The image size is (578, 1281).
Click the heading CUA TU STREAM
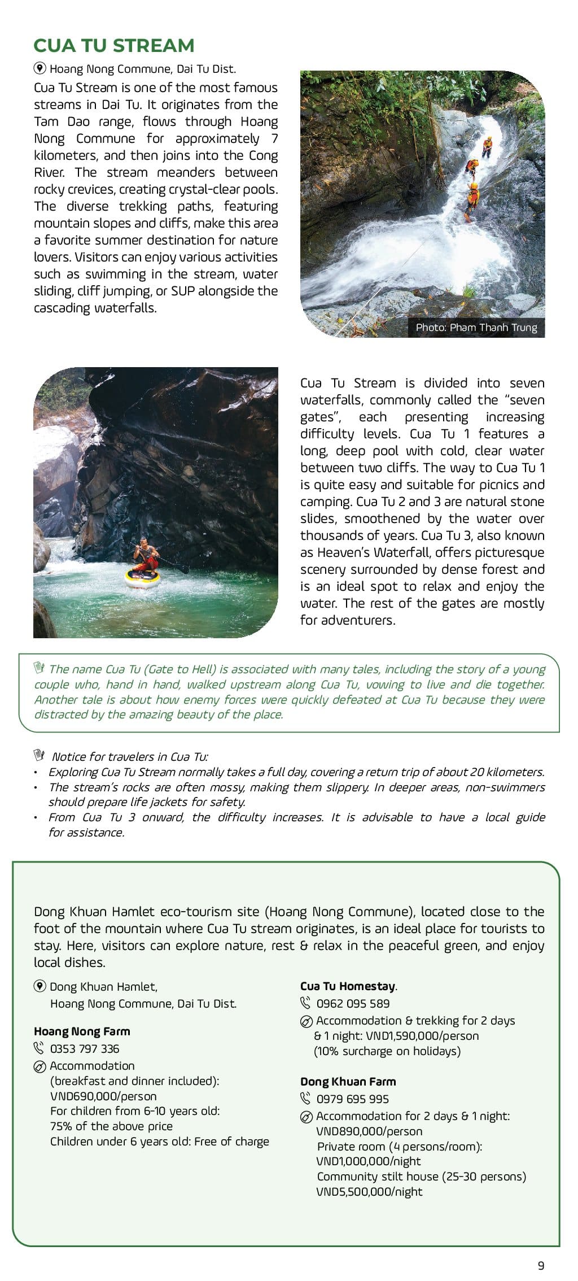pos(113,46)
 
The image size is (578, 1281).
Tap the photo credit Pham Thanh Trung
pos(476,327)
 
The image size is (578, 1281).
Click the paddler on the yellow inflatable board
pos(145,559)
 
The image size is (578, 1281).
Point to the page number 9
pos(541,1265)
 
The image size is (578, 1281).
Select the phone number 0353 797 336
pos(85,1049)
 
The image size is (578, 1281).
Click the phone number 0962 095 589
pos(353,1004)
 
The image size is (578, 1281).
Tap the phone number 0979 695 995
pos(352,1099)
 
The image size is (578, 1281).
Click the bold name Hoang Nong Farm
pos(82,1031)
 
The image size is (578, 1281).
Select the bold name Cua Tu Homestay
pos(348,986)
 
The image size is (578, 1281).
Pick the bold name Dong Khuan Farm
pos(348,1082)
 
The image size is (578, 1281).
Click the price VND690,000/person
pos(103,1096)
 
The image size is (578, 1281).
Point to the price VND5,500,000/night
pos(369,1192)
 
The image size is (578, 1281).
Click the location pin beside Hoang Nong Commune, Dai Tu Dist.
pos(40,69)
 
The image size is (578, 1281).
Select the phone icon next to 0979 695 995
pos(305,1099)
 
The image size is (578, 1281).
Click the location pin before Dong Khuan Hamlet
pos(40,987)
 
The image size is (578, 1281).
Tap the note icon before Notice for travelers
pos(38,756)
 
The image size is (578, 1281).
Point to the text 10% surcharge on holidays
pos(387,1051)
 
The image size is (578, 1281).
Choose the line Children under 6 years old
pos(159,1141)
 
